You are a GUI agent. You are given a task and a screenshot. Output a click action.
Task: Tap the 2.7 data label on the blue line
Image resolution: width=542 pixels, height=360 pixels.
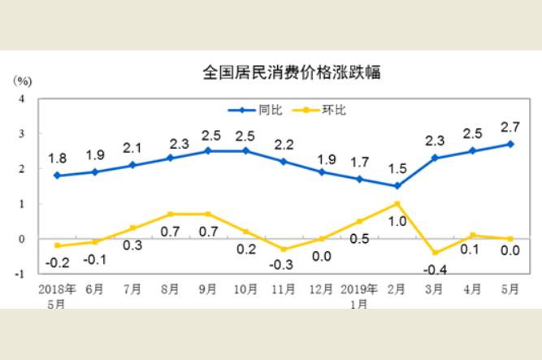tap(510, 127)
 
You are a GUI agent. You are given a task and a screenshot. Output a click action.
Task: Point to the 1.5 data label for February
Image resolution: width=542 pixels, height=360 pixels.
tap(397, 168)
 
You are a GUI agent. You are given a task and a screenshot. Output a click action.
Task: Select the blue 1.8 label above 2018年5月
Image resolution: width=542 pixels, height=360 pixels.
tap(56, 158)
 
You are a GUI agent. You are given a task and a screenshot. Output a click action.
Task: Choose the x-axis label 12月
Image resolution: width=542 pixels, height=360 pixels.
tap(321, 288)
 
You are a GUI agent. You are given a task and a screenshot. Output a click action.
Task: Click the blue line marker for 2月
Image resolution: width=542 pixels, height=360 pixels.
tap(397, 186)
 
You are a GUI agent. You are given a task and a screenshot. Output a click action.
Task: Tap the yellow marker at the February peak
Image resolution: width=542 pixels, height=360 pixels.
tap(397, 204)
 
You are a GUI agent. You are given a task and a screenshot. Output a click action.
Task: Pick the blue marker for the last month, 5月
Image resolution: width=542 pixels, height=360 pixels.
tap(510, 144)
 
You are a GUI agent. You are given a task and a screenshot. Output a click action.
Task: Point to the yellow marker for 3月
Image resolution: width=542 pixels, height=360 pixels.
tap(435, 253)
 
